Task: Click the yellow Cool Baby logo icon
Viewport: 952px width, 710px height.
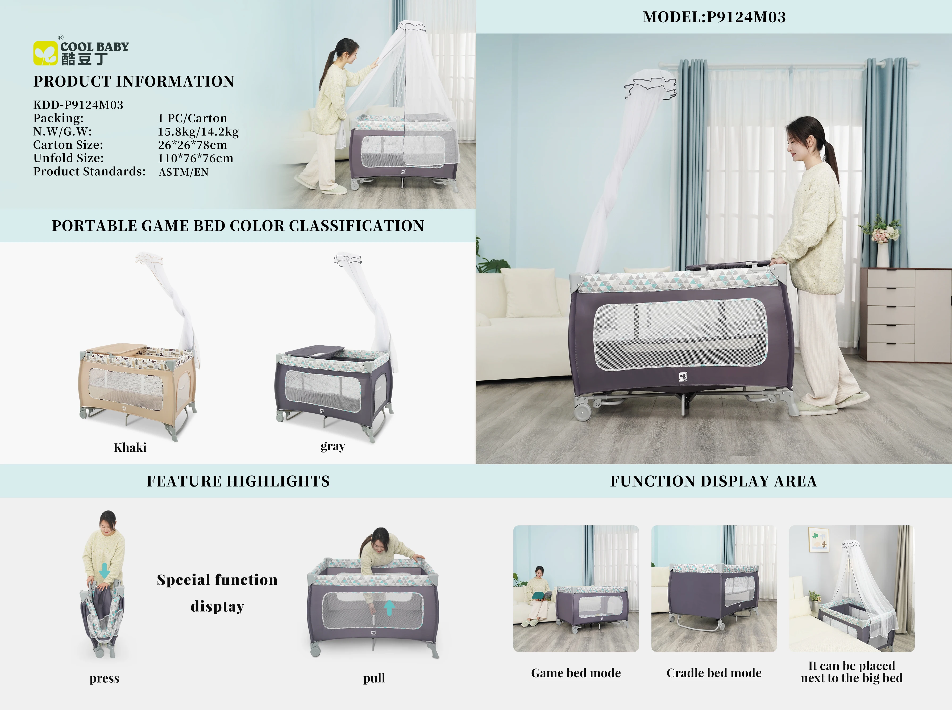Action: click(x=45, y=53)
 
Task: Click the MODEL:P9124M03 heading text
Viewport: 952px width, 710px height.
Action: click(x=714, y=17)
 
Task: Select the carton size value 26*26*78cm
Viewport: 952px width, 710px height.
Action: click(x=192, y=145)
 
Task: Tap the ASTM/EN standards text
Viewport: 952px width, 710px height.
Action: click(x=184, y=172)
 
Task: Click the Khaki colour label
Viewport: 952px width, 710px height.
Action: click(x=130, y=448)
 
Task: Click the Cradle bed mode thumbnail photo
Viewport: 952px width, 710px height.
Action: click(x=713, y=588)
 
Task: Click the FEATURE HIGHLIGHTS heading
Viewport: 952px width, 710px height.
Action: click(x=238, y=481)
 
